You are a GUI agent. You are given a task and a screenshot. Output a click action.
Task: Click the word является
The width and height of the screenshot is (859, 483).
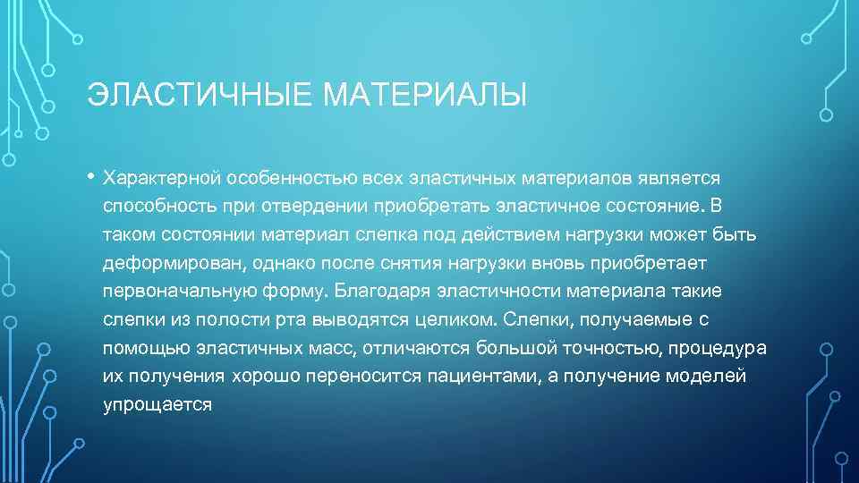675,180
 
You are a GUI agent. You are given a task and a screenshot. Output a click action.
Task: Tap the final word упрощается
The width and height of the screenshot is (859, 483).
157,404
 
